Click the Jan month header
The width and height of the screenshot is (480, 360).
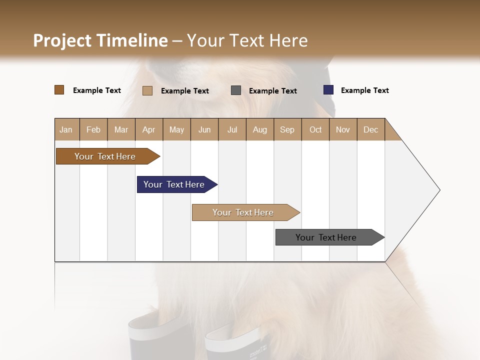(66, 129)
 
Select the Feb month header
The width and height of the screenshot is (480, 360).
(93, 129)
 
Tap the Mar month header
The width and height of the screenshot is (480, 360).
(121, 129)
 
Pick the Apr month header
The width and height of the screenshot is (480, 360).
(149, 129)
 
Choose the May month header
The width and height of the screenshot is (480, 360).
(176, 129)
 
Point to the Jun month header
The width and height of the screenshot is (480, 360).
(204, 129)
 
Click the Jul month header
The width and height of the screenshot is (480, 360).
(232, 129)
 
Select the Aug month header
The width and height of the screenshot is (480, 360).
(260, 129)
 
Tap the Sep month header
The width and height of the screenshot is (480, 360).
(287, 129)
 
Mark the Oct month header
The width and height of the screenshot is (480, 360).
(315, 129)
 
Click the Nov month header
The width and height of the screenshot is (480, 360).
(343, 129)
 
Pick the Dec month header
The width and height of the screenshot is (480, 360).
(371, 129)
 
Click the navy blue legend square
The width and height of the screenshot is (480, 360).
(328, 90)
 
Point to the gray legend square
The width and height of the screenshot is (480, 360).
(236, 90)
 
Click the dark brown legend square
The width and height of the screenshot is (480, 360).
(59, 90)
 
